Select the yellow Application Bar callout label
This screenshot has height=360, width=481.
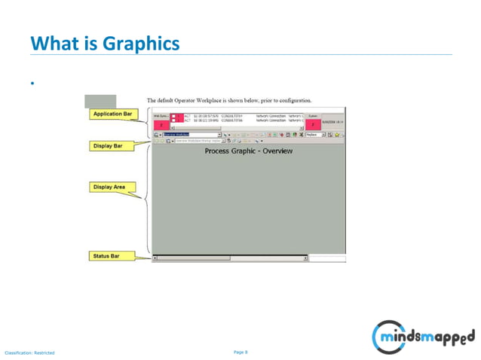tap(112, 114)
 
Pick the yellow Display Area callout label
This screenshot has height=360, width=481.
tap(109, 187)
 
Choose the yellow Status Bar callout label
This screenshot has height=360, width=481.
tap(107, 256)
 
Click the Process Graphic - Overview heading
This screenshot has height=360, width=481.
tap(249, 151)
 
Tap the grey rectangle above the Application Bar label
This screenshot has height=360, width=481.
tap(100, 101)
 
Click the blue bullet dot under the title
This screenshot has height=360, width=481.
tap(32, 82)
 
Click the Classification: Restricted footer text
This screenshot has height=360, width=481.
tap(29, 352)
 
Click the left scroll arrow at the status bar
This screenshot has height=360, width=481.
tap(155, 258)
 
